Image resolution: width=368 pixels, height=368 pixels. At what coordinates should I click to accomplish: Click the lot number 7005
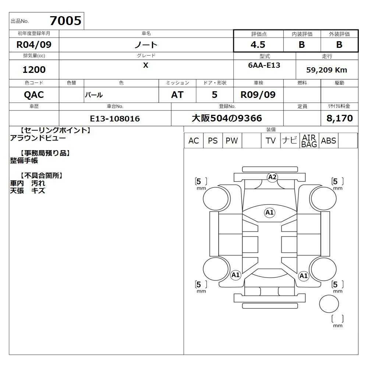coord(66,21)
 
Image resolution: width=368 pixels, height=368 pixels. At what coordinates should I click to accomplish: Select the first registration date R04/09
coord(34,45)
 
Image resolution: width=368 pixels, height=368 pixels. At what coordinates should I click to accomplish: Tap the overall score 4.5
coord(258,45)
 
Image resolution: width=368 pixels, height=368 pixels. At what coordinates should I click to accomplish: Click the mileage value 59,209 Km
coord(326,70)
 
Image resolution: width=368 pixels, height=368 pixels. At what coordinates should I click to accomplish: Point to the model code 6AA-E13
coord(264,65)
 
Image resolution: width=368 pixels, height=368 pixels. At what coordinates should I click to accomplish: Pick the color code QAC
coord(34,95)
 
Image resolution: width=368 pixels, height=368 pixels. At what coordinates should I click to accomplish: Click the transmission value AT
coord(177,95)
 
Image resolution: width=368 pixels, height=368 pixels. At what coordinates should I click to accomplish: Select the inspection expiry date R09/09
coord(258,95)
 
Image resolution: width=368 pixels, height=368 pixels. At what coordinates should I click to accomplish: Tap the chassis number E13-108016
coord(115,118)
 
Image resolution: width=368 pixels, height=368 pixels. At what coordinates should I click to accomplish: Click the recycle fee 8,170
coord(340,118)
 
